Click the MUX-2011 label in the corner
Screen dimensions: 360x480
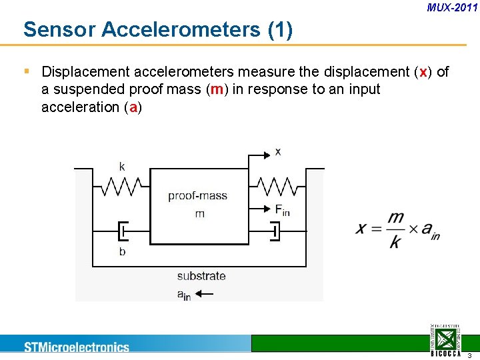[452, 8]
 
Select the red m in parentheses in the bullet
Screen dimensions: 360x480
[216, 89]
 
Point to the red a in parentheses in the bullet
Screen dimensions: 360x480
[133, 107]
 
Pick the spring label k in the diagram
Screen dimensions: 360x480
[122, 166]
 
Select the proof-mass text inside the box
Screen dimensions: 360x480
[197, 196]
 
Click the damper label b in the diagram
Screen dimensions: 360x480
[122, 251]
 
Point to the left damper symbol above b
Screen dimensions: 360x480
[123, 231]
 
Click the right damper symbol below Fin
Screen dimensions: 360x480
[275, 231]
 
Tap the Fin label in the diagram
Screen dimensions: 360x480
[283, 210]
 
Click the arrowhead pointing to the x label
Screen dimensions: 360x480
[267, 153]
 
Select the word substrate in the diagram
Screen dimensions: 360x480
[201, 276]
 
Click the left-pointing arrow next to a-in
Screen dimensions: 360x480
[203, 294]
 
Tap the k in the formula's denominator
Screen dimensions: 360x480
[395, 241]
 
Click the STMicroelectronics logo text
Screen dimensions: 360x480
[77, 347]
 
